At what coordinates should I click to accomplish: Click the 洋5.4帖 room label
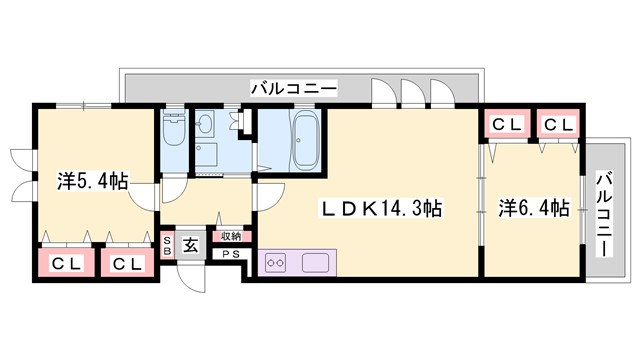tap(93, 182)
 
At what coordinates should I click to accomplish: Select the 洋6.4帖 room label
tap(534, 209)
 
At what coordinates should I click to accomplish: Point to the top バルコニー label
tap(295, 89)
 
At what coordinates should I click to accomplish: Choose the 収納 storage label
tap(231, 237)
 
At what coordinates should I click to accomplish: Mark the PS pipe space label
tap(230, 254)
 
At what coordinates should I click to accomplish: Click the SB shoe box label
tap(168, 246)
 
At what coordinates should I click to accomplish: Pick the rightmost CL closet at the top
tap(558, 125)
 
